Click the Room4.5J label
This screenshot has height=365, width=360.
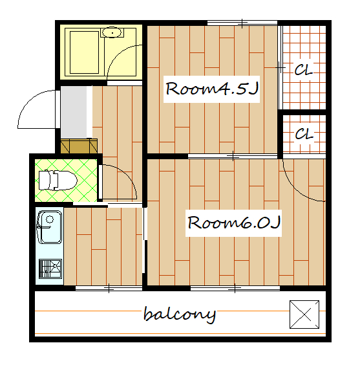212,89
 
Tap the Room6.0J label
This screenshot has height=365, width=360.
234,223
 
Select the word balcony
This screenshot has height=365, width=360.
180,315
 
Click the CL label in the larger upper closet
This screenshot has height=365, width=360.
303,69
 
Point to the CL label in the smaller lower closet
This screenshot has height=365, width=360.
304,133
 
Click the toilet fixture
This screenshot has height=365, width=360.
58,180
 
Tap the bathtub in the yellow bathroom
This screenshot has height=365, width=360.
85,52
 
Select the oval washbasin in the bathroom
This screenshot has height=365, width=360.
112,32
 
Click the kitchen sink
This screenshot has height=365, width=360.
49,227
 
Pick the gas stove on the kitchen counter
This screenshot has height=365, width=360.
50,269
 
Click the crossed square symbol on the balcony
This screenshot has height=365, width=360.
304,315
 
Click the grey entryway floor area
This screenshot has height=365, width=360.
74,112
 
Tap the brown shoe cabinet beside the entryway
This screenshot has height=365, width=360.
79,146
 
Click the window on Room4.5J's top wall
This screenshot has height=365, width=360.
242,23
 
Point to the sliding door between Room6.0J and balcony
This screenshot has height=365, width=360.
235,288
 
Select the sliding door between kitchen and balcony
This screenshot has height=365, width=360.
109,288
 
